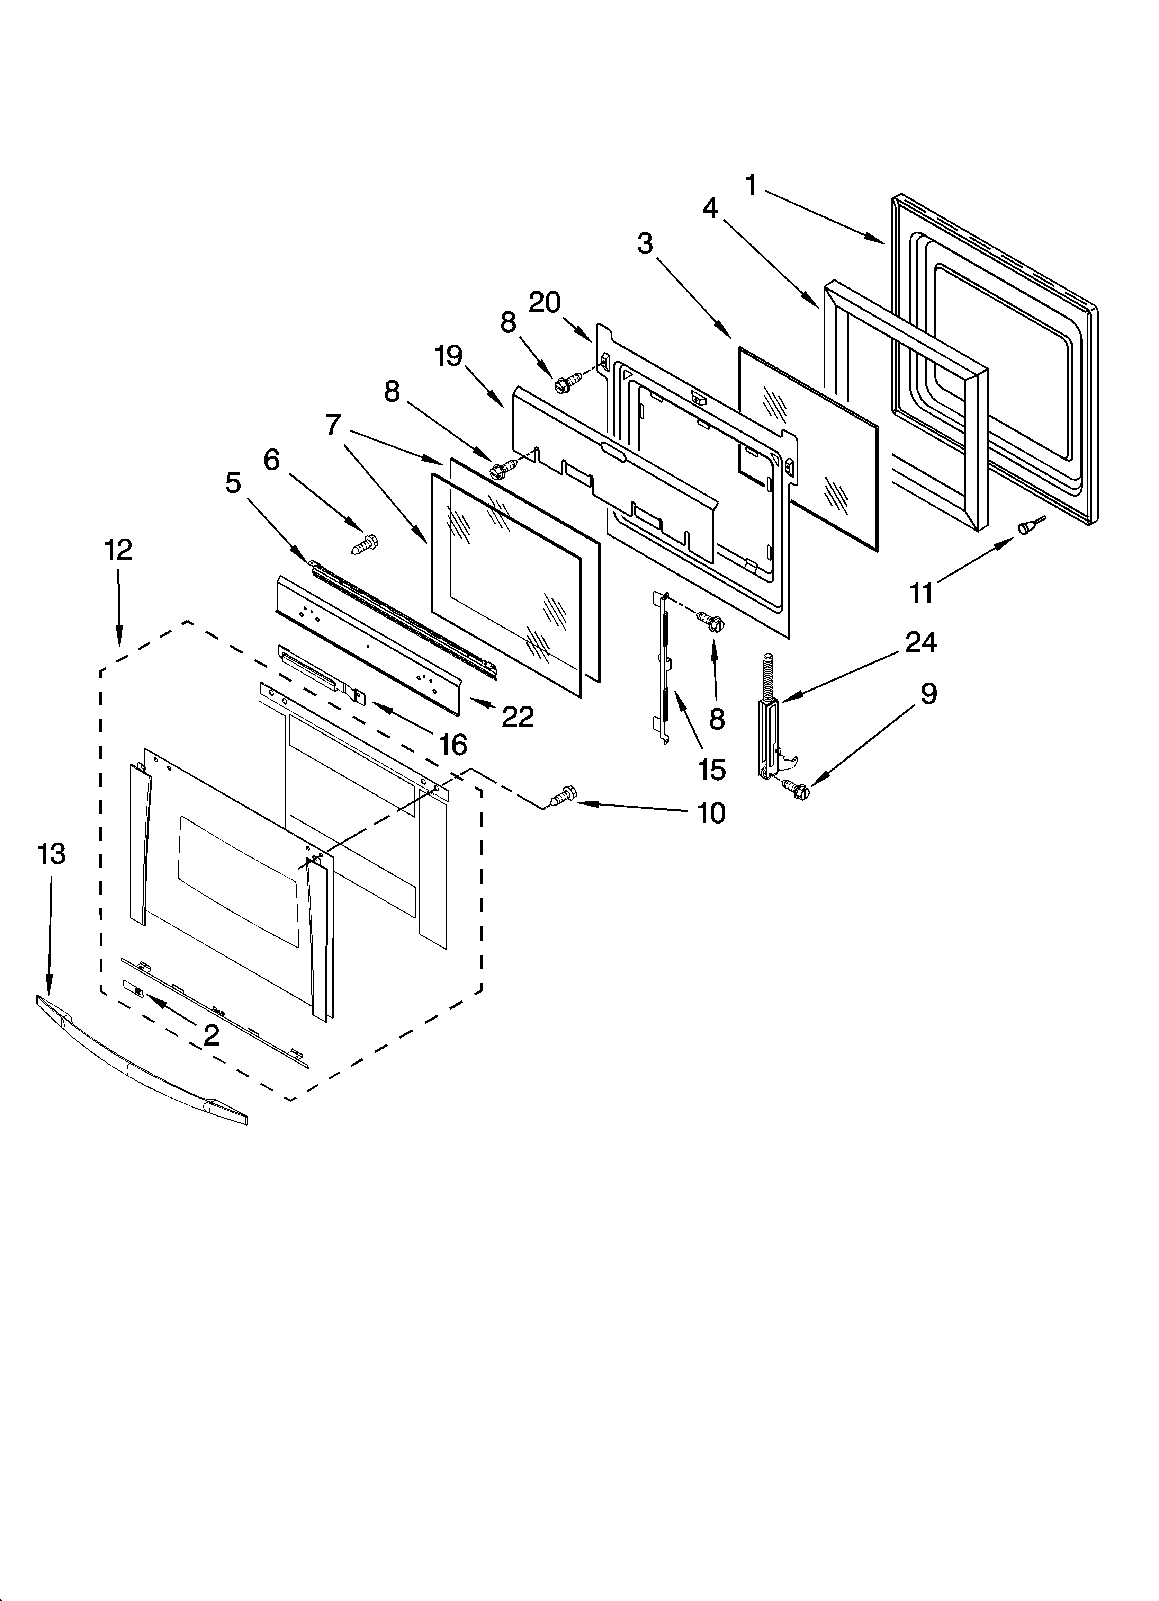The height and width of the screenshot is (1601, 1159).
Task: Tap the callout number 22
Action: pyautogui.click(x=518, y=717)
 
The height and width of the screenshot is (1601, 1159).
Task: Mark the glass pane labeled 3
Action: pyautogui.click(x=808, y=448)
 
